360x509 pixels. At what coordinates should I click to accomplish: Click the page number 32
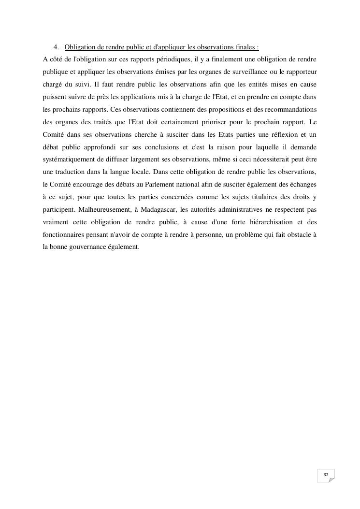click(x=326, y=475)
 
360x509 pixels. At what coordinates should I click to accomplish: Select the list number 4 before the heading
click(x=56, y=47)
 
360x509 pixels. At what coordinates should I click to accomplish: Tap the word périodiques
click(x=177, y=59)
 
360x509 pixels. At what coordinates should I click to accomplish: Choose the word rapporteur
click(x=301, y=72)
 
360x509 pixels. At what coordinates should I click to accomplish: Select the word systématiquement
click(x=72, y=160)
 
